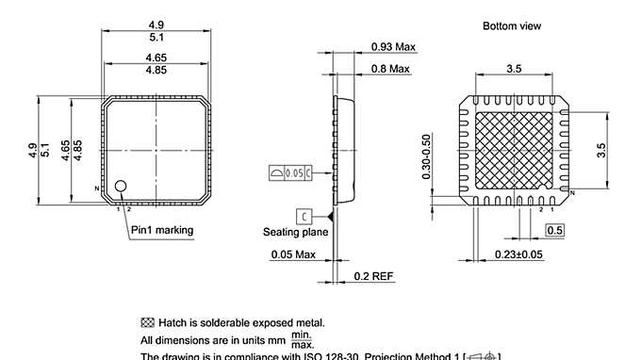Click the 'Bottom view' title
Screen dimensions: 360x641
click(512, 25)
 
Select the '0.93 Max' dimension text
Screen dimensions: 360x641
click(393, 46)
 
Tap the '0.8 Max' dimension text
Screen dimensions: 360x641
click(391, 69)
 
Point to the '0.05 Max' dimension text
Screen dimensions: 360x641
click(293, 254)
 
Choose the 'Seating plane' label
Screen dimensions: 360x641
click(295, 232)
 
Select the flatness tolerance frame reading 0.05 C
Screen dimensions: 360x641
click(289, 173)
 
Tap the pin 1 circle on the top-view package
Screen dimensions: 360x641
click(121, 188)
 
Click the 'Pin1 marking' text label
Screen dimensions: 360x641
click(161, 230)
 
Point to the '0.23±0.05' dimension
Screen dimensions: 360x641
click(519, 254)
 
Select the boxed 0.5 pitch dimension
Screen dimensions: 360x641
click(555, 230)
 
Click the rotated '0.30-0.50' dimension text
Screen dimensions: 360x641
click(427, 155)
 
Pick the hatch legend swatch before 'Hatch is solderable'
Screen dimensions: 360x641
click(147, 322)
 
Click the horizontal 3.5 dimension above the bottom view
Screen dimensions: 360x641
click(514, 69)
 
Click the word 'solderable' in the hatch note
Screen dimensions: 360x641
click(222, 322)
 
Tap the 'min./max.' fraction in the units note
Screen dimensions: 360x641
click(302, 338)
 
